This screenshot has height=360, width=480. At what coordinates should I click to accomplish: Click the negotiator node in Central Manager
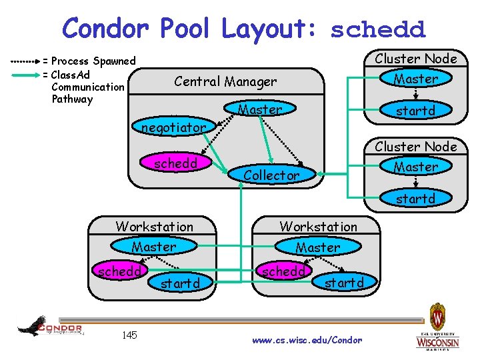pos(173,127)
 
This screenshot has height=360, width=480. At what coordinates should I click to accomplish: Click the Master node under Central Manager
pos(260,109)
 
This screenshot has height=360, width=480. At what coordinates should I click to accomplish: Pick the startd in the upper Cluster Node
pos(415,111)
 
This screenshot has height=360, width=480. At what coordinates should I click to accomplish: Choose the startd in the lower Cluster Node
pos(415,198)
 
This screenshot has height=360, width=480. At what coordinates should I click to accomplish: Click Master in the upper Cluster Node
pos(415,79)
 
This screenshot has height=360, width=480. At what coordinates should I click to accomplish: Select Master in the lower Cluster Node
pos(415,167)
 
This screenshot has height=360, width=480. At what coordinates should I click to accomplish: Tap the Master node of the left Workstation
pos(154,247)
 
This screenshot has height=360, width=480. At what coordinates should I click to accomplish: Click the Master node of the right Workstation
pos(318,247)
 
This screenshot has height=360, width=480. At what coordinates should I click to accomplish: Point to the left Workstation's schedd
pos(119,272)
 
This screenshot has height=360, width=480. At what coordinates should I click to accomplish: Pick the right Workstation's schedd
pos(283,271)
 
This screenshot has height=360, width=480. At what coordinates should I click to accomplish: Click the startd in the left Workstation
pos(180,283)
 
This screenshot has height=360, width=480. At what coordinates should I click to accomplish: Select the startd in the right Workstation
pos(344,283)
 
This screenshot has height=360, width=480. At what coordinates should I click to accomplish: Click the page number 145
pos(129,335)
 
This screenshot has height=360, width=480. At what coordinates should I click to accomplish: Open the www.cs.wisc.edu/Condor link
pos(307,340)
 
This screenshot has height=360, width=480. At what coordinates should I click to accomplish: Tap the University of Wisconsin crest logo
pos(437,327)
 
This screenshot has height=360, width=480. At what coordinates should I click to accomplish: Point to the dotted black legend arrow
pos(26,61)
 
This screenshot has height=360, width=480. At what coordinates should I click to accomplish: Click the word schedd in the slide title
pos(377,29)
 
